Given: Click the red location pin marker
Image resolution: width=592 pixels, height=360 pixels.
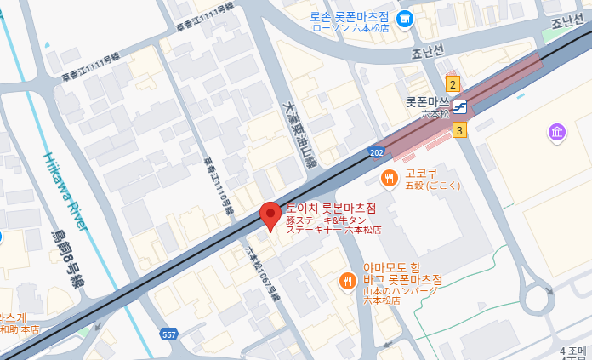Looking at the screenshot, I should pyautogui.click(x=270, y=215).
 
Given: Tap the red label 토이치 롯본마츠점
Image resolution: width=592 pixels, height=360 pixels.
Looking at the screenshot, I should pyautogui.click(x=331, y=208).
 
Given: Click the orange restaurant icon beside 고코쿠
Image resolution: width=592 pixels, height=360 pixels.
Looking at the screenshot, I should pyautogui.click(x=389, y=177).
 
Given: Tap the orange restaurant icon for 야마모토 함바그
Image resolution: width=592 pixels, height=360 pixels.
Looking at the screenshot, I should pyautogui.click(x=347, y=282).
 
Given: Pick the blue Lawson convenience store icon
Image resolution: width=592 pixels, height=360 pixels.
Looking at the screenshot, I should pyautogui.click(x=406, y=18).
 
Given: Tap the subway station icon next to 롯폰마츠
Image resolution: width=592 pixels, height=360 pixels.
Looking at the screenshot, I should pyautogui.click(x=459, y=106).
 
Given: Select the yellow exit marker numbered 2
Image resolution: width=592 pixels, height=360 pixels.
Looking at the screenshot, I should pyautogui.click(x=453, y=83).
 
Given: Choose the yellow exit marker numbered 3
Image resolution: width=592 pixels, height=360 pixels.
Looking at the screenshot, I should pyautogui.click(x=459, y=129).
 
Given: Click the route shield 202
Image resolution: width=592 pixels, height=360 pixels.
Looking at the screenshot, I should pyautogui.click(x=376, y=151).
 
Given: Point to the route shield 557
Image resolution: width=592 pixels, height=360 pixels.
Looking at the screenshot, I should pyautogui.click(x=169, y=334).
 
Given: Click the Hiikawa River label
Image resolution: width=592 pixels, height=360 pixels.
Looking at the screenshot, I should pyautogui.click(x=64, y=192).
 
